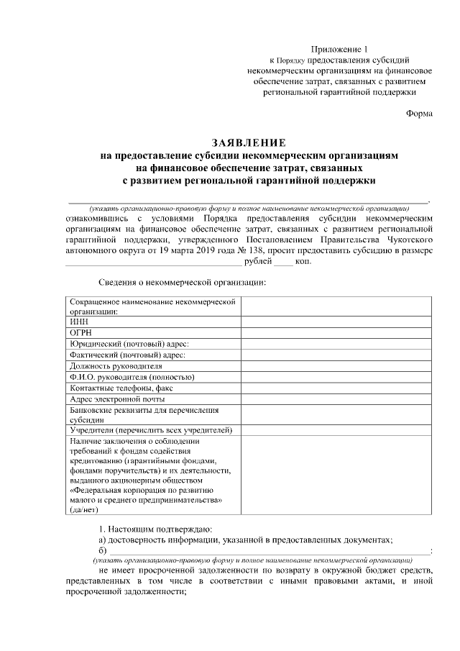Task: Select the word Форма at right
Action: (419, 113)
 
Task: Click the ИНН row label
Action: (78, 322)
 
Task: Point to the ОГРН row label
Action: (81, 333)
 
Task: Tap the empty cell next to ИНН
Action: (336, 322)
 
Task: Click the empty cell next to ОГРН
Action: (336, 333)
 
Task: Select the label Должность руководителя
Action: (116, 365)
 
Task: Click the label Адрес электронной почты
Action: (117, 399)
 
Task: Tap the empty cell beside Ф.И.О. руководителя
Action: (336, 376)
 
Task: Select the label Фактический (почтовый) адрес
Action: (127, 355)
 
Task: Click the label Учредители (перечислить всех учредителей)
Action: (151, 429)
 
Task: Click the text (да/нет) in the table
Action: (85, 509)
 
